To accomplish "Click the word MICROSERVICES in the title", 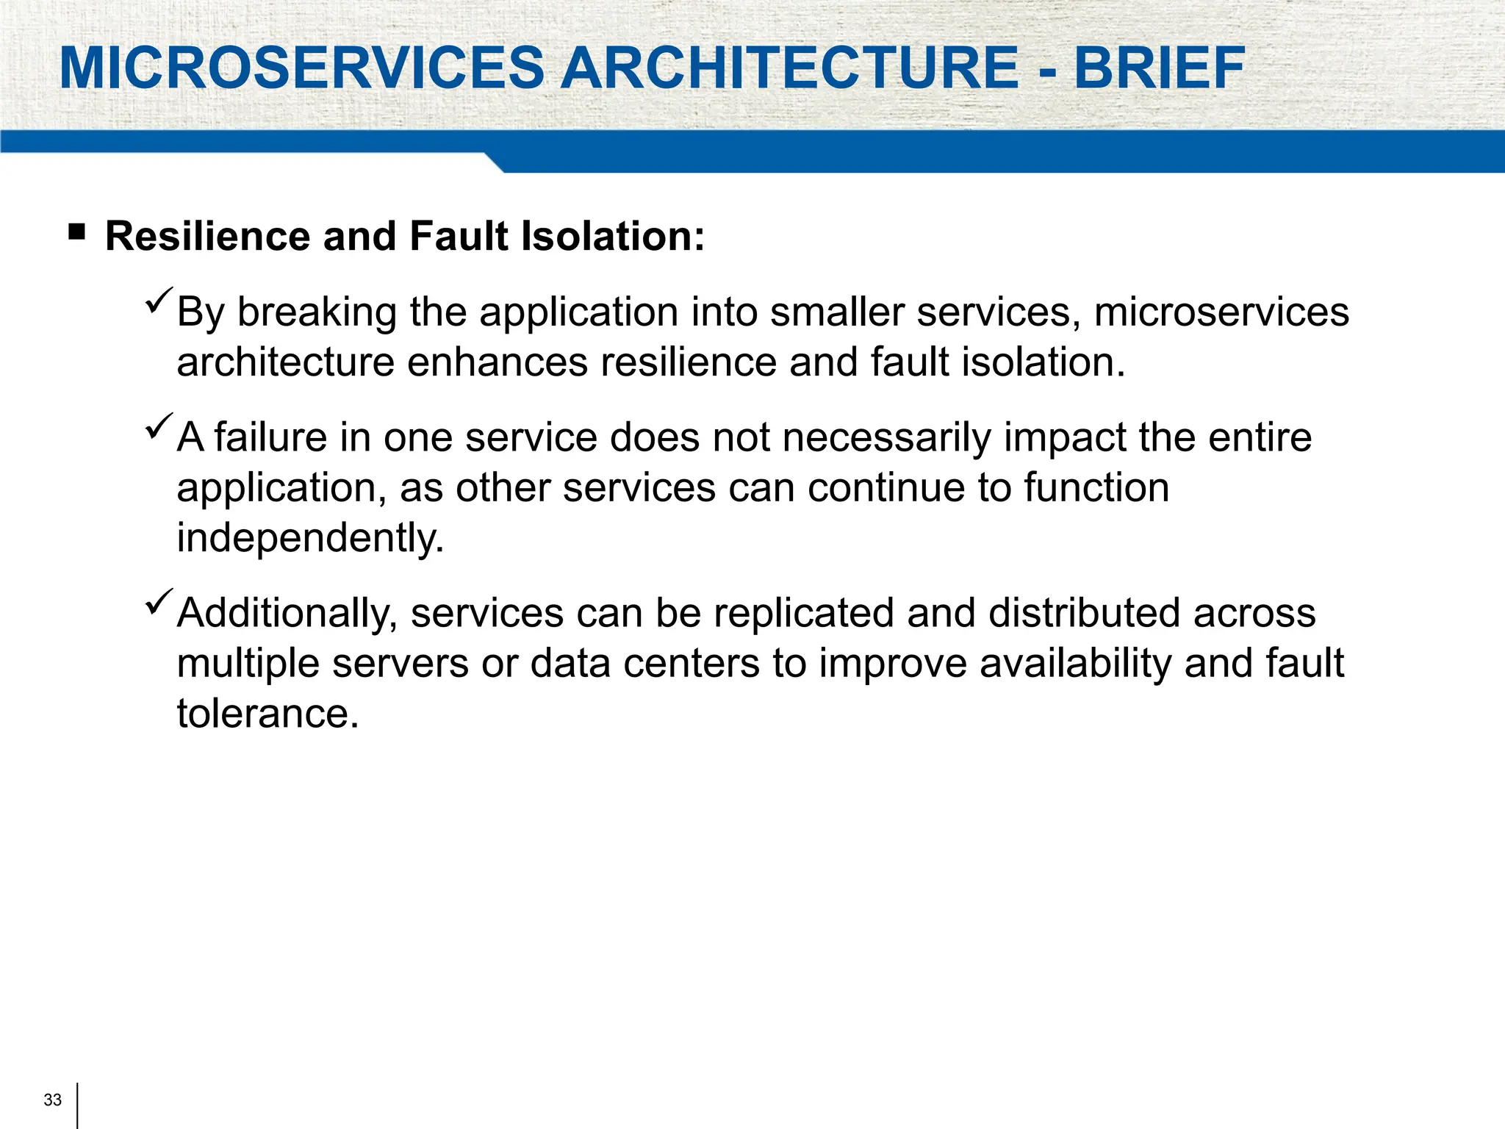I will (x=301, y=68).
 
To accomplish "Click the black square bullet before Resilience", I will (x=76, y=233).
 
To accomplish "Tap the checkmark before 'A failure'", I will (x=158, y=426).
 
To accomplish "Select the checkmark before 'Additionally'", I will (x=158, y=602).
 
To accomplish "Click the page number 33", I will (x=53, y=1100).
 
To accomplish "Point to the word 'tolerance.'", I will (x=267, y=713).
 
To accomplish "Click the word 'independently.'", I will (x=310, y=538).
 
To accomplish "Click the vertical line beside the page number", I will (x=77, y=1104).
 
